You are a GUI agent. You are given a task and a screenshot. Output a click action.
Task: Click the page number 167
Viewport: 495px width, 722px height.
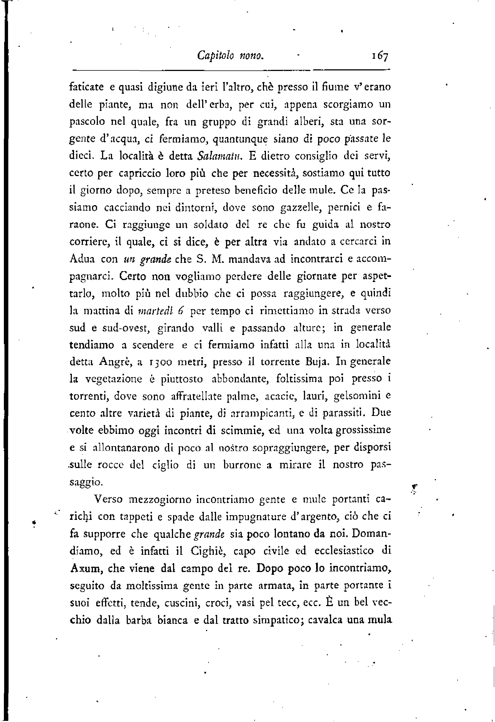[379, 57]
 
